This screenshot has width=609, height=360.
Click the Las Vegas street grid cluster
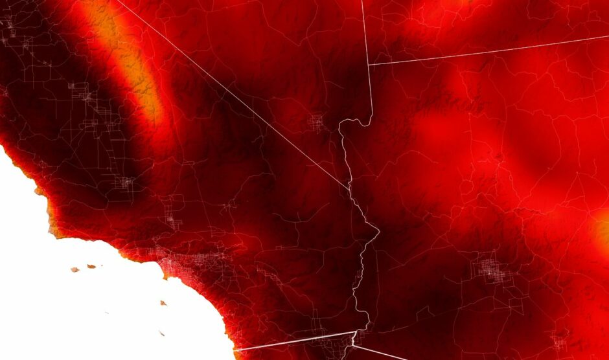[317, 122]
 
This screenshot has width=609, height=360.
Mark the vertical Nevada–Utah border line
[365, 32]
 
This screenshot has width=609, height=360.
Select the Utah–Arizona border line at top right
[486, 50]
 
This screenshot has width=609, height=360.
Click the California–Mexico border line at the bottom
[292, 341]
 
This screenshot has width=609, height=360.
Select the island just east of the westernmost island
[91, 266]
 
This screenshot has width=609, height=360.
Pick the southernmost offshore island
[160, 333]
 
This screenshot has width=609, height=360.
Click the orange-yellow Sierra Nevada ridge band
[133, 71]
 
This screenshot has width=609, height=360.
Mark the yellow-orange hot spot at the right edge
[603, 230]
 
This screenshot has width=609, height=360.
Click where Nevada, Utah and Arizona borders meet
[369, 64]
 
